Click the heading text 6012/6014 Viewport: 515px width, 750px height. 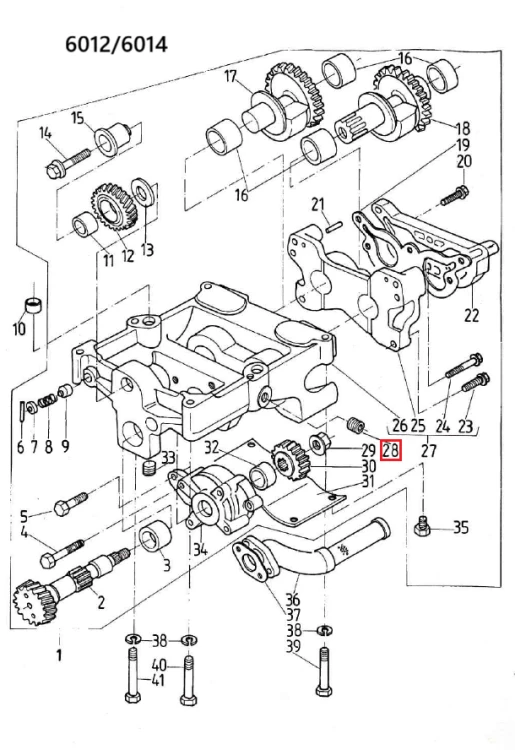(116, 44)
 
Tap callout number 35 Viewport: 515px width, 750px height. (460, 527)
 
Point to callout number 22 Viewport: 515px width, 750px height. (471, 315)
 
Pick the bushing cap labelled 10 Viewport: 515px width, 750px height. (33, 305)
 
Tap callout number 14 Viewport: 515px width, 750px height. (45, 132)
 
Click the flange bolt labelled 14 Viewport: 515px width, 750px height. (68, 163)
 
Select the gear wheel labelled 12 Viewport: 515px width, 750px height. (114, 209)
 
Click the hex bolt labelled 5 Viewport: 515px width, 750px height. (70, 503)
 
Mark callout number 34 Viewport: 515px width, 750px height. (200, 549)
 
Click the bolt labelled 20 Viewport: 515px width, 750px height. (454, 197)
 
